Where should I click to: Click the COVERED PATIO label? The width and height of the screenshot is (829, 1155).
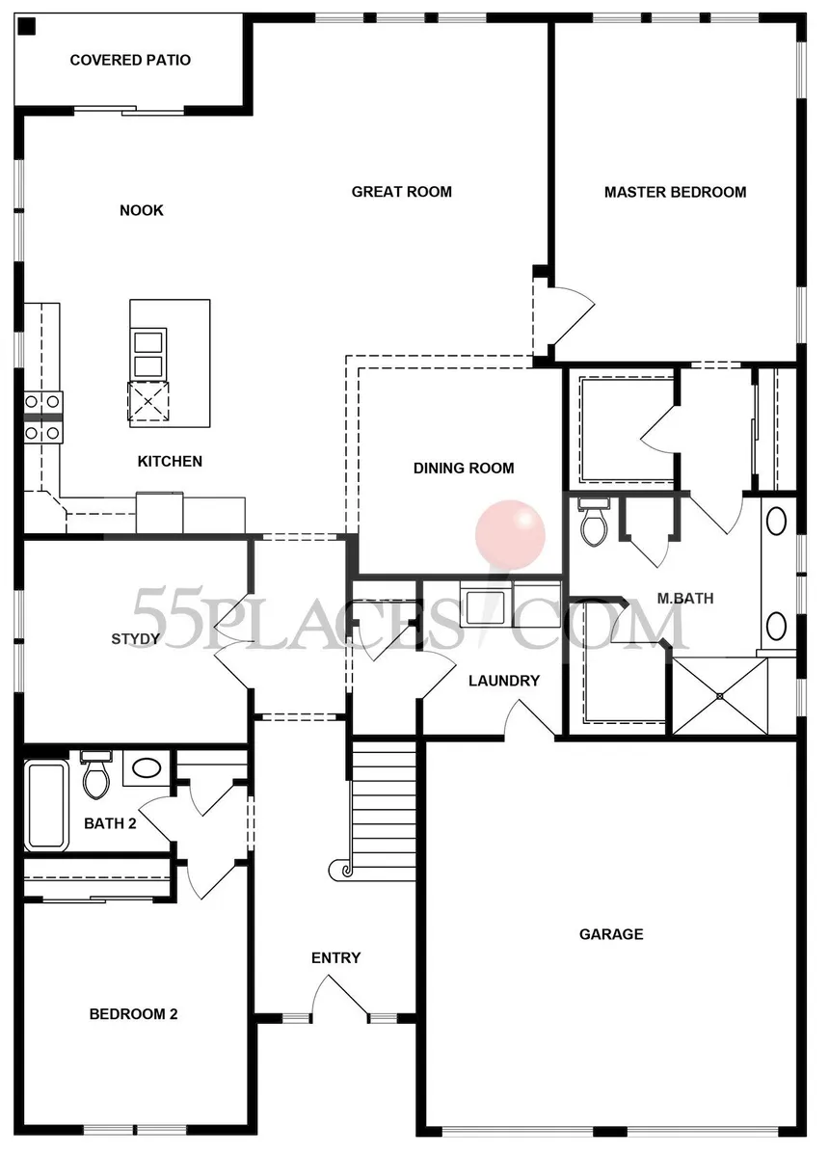click(130, 61)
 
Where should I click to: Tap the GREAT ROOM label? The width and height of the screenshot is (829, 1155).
click(401, 192)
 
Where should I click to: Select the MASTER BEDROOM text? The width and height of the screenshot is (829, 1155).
click(675, 192)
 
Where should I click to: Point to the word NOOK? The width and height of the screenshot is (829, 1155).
click(142, 211)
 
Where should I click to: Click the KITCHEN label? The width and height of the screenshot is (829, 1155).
click(170, 461)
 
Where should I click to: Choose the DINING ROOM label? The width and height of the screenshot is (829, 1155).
click(464, 468)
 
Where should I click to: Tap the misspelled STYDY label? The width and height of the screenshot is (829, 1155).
click(136, 638)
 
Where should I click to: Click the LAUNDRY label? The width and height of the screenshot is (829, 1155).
click(504, 681)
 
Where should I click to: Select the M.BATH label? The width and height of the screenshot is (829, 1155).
click(685, 598)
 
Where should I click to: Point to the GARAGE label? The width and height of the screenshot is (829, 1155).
click(611, 934)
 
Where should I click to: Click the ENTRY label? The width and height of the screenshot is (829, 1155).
click(335, 957)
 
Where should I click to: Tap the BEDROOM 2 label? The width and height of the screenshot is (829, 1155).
click(133, 1014)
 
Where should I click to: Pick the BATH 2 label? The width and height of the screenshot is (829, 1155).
click(111, 823)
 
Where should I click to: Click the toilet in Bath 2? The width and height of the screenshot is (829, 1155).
click(95, 776)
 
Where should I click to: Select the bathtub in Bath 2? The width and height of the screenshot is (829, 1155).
click(47, 805)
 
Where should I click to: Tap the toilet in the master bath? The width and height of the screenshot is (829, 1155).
click(594, 523)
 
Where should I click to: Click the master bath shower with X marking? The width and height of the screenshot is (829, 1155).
click(720, 696)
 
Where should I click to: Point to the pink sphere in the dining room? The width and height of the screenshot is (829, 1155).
click(510, 534)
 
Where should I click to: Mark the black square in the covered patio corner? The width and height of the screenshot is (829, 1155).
click(26, 27)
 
